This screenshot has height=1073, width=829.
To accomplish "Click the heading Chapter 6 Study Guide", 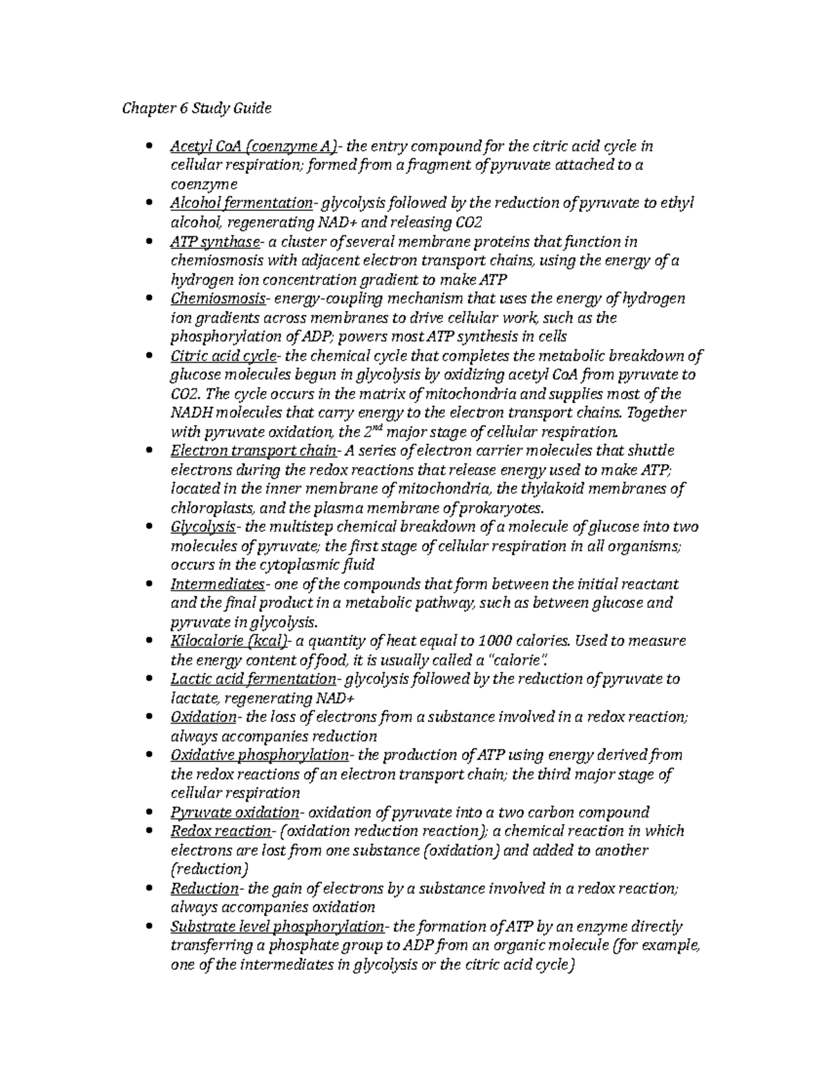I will point(197,108).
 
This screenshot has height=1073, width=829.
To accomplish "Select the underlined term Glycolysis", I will point(202,527).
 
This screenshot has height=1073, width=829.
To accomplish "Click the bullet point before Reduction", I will point(151,889).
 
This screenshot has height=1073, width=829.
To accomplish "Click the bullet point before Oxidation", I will point(151,717).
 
